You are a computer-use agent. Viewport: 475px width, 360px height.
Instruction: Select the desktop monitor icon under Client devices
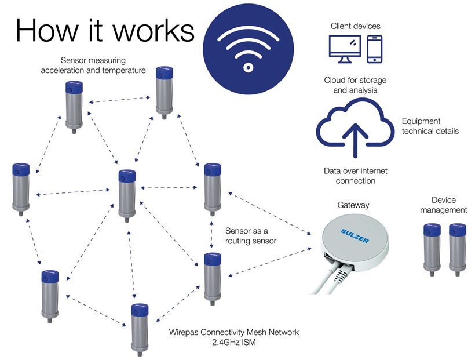pyautogui.click(x=345, y=49)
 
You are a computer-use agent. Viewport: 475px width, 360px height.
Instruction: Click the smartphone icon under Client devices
pyautogui.click(x=375, y=49)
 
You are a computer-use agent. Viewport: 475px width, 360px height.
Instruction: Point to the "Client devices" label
pyautogui.click(x=356, y=26)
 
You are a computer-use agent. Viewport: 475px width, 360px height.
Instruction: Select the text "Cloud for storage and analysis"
pyautogui.click(x=355, y=85)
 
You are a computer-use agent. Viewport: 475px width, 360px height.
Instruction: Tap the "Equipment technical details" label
pyautogui.click(x=430, y=126)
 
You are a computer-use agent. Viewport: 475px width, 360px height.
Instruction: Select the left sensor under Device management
pyautogui.click(x=432, y=246)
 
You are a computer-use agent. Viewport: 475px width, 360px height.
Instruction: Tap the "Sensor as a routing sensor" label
pyautogui.click(x=250, y=236)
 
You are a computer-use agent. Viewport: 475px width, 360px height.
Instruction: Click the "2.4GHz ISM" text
pyautogui.click(x=233, y=343)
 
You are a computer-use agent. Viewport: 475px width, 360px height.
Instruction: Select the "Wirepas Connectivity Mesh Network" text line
pyautogui.click(x=233, y=332)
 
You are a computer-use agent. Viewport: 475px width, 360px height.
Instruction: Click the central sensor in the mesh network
pyautogui.click(x=126, y=194)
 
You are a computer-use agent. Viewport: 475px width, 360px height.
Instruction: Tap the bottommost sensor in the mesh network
pyautogui.click(x=139, y=328)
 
